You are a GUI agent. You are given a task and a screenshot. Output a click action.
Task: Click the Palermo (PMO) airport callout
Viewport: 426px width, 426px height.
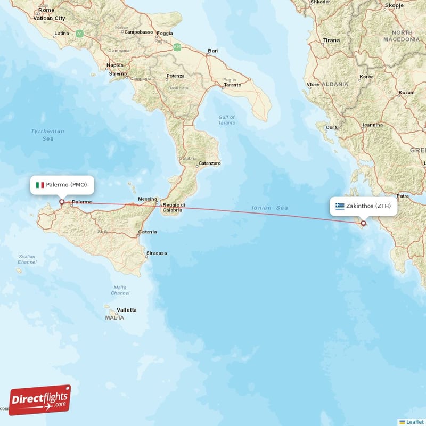pos(62,185)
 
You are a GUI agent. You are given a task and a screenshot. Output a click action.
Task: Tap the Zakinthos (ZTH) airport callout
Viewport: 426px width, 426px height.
pos(363,206)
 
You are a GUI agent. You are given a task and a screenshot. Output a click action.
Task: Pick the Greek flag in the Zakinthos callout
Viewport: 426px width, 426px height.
pos(340,206)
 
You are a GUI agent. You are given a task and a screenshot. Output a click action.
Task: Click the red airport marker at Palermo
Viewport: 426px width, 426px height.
pos(61,202)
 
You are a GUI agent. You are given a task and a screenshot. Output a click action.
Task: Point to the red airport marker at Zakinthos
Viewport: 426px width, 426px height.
pos(364,223)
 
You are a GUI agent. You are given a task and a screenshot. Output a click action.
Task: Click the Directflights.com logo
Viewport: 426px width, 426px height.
pos(40,400)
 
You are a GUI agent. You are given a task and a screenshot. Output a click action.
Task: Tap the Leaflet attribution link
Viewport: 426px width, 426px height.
pos(414,421)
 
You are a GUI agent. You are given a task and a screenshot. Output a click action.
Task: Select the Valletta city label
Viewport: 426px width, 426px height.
pos(127,309)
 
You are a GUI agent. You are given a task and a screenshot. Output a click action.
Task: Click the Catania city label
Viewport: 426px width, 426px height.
pos(148,232)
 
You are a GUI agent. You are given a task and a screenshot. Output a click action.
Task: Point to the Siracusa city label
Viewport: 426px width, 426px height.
pos(157,253)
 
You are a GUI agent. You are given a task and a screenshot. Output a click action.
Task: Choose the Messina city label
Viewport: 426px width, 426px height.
pos(147,199)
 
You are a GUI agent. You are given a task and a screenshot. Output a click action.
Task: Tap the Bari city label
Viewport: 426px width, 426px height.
pos(213,51)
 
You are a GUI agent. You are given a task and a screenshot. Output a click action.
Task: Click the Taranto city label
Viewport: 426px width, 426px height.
pos(232,85)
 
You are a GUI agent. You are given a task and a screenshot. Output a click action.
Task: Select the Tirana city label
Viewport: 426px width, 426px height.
pos(331,40)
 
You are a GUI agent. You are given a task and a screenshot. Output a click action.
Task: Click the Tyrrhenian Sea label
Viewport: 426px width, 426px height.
pos(48,135)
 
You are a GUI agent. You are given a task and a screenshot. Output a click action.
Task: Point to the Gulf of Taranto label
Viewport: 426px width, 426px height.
pos(227,120)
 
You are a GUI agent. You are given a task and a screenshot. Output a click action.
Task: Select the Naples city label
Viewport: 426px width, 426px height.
pos(115,65)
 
